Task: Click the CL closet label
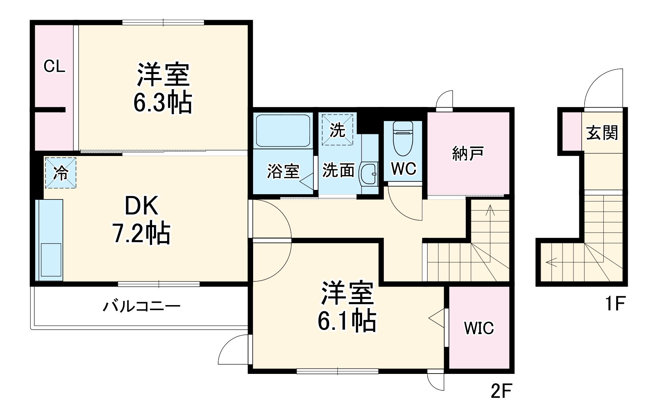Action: click(x=54, y=66)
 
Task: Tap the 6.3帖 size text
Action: click(x=163, y=102)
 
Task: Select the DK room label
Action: click(x=142, y=206)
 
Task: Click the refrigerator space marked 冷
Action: click(x=61, y=173)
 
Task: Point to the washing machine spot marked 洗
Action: click(x=337, y=130)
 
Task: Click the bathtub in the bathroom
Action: click(x=283, y=130)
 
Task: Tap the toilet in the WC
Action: click(x=403, y=138)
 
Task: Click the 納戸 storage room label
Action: click(x=468, y=153)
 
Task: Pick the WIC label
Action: click(x=479, y=328)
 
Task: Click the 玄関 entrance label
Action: click(x=602, y=133)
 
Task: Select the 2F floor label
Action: click(x=501, y=391)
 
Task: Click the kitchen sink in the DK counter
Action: click(x=51, y=260)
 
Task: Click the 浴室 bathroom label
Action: click(x=283, y=171)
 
